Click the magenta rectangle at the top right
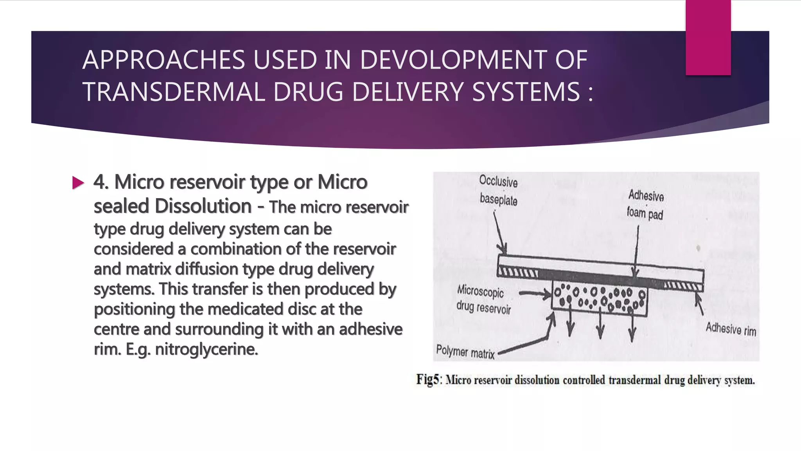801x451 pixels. point(708,37)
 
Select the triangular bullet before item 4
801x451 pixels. point(78,182)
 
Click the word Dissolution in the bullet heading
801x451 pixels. point(203,206)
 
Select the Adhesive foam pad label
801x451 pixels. point(645,205)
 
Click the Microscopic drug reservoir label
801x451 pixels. point(483,300)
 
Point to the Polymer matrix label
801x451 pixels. point(465,351)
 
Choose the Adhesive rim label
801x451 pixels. point(731,329)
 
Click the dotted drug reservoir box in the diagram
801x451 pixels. point(599,298)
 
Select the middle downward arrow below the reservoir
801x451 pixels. point(601,327)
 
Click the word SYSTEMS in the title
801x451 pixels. point(526,92)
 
